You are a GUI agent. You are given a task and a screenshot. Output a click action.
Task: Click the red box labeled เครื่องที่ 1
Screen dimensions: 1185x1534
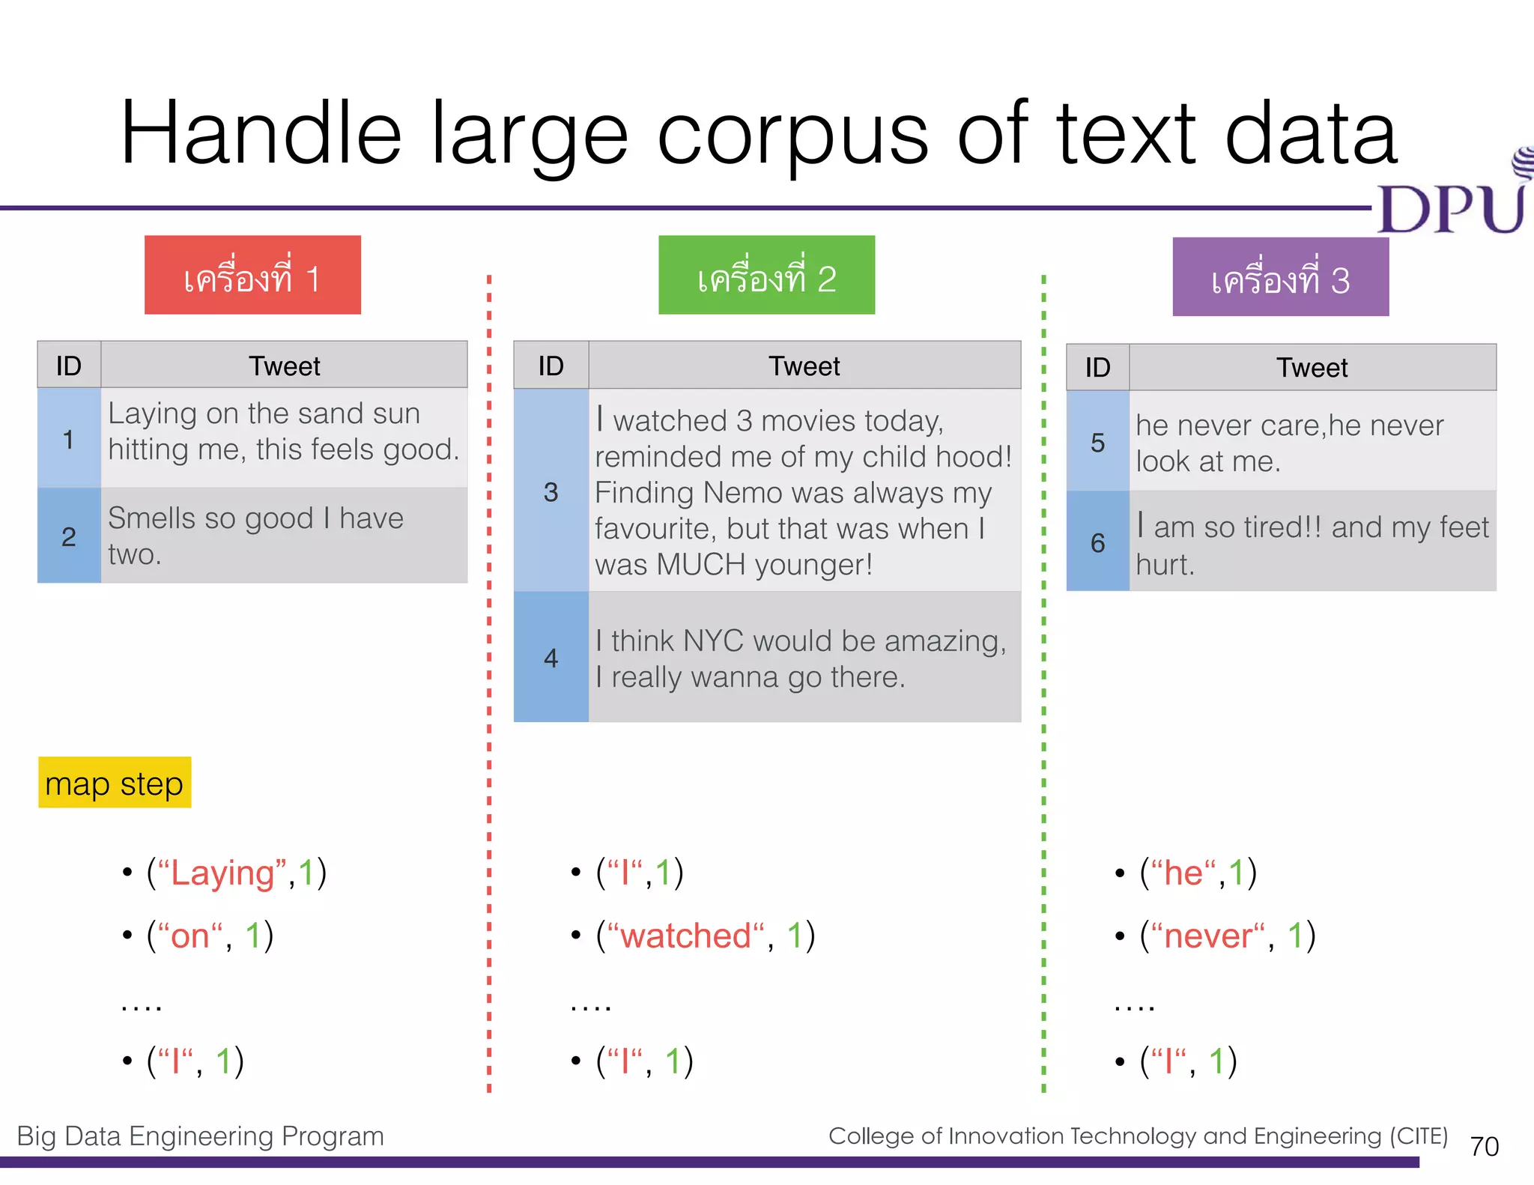tap(252, 275)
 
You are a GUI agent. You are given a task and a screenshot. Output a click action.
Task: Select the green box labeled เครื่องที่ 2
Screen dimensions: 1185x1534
tap(766, 275)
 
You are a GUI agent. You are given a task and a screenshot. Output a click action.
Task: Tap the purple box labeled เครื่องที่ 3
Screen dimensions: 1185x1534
tap(1280, 277)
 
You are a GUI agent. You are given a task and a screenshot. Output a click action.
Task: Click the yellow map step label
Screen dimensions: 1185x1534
tap(115, 783)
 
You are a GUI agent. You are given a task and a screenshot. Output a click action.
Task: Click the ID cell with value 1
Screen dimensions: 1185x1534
tap(69, 439)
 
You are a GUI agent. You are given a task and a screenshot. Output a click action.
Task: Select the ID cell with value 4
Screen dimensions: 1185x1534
tap(551, 658)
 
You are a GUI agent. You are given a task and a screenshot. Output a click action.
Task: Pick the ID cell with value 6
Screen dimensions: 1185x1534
tap(1097, 542)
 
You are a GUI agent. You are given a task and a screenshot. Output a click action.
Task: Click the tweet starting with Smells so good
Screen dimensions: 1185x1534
tap(256, 536)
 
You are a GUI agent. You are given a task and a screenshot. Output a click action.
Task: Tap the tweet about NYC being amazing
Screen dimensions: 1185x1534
tap(801, 658)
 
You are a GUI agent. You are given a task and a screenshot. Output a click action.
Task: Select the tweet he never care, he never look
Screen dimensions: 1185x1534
tap(1288, 443)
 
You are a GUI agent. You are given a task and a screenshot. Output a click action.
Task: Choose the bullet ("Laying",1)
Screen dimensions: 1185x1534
tap(236, 873)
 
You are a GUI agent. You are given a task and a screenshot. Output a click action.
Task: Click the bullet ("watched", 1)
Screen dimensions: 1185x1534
tap(705, 936)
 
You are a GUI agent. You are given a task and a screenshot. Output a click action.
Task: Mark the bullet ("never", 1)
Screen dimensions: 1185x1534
tap(1227, 936)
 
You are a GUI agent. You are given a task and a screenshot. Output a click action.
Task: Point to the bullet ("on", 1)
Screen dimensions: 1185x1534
tap(210, 936)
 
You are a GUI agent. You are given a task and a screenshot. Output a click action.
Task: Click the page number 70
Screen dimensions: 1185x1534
tap(1484, 1146)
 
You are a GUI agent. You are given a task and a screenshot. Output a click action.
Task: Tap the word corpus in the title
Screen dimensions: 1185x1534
tap(792, 135)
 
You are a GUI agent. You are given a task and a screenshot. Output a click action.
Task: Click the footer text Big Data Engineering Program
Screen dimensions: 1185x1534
tap(200, 1136)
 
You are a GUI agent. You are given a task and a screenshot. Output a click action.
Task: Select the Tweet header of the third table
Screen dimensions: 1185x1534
tap(1312, 368)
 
